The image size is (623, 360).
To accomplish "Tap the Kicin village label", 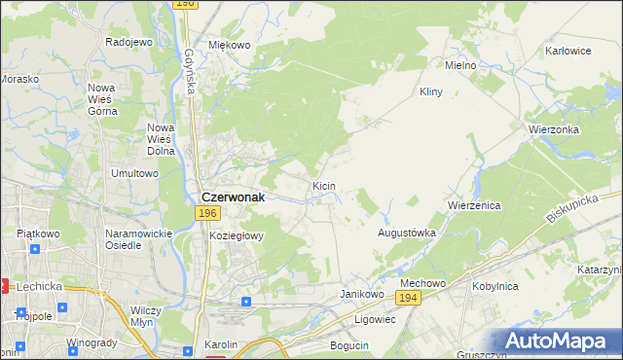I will click(x=324, y=185).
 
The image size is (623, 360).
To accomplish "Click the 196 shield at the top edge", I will click(x=186, y=5).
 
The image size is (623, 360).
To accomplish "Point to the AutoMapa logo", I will click(x=559, y=342).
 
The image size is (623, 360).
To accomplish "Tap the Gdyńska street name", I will click(x=187, y=72).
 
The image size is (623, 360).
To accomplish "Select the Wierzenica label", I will click(x=473, y=206).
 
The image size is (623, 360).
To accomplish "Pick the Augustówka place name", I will click(x=406, y=234).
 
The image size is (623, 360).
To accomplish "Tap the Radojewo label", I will click(x=129, y=42).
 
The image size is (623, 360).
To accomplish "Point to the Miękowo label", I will click(x=230, y=45).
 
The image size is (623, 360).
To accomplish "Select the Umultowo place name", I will click(x=134, y=173).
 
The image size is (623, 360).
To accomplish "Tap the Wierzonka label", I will click(x=554, y=129).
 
